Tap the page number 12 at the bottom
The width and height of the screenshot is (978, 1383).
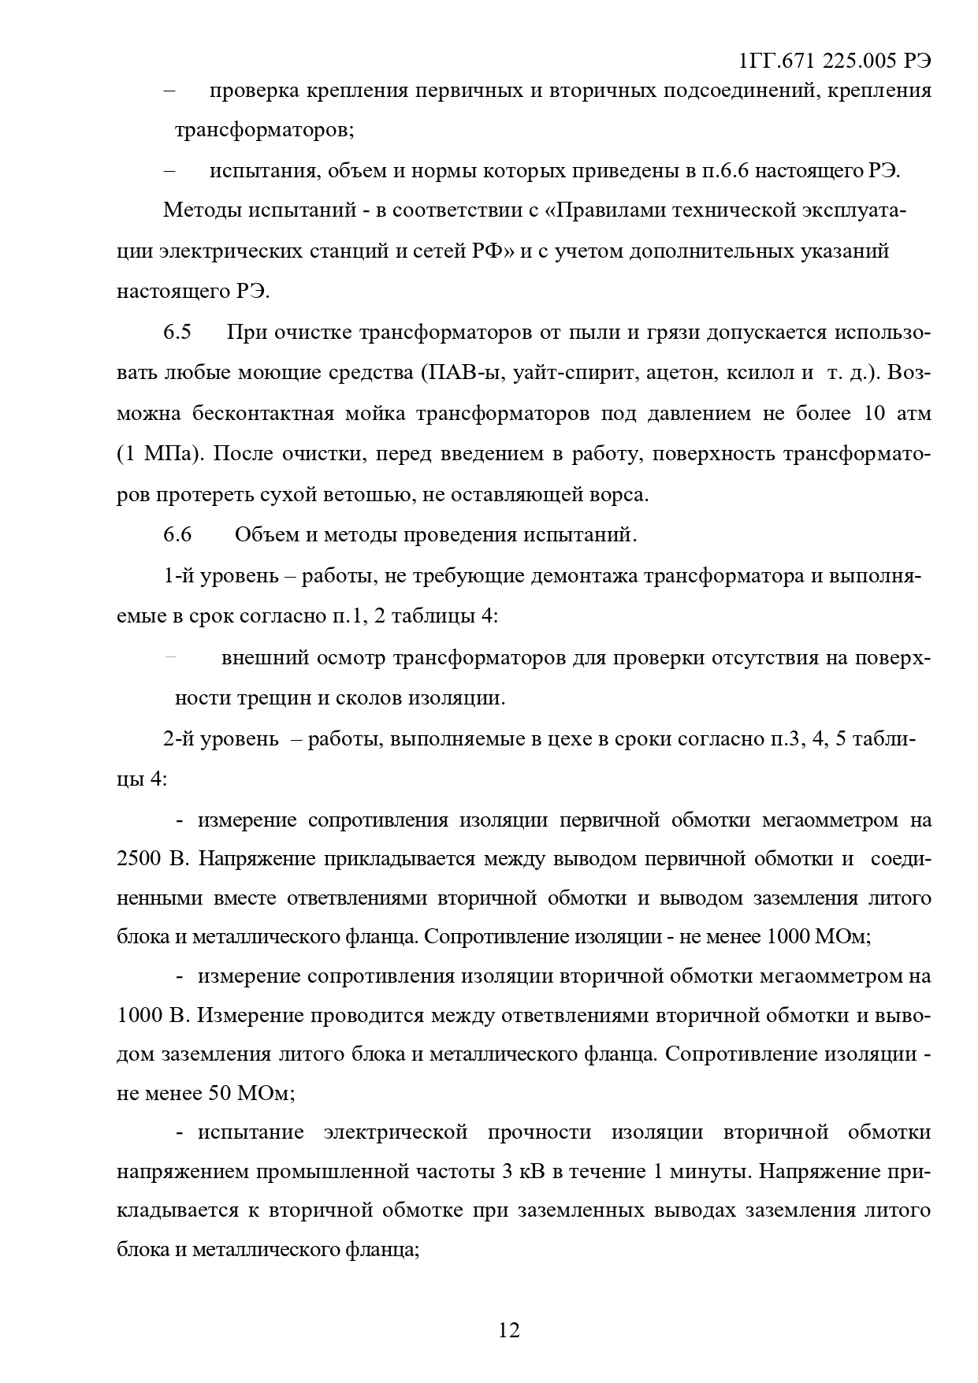tap(509, 1330)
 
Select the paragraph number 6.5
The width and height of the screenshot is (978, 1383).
tap(177, 332)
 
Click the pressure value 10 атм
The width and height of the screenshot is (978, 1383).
tap(898, 414)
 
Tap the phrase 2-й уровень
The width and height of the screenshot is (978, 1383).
tap(221, 740)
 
